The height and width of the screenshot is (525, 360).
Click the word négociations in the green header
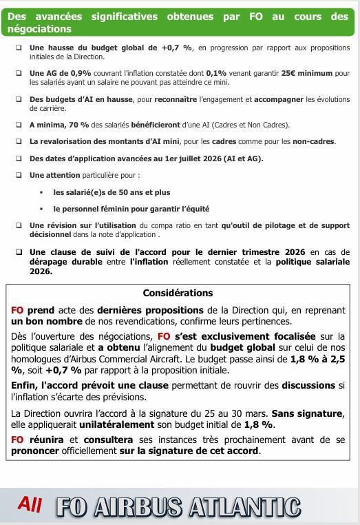(x=39, y=29)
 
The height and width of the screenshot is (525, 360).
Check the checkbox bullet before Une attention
(x=19, y=175)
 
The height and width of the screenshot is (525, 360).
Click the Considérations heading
(x=178, y=293)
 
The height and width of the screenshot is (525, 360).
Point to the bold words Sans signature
(x=307, y=413)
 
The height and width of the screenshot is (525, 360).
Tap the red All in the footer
(x=30, y=504)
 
